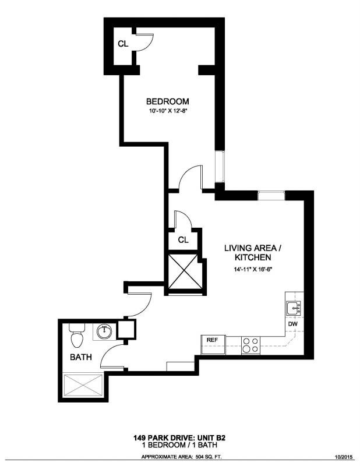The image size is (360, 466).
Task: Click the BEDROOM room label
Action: click(x=167, y=101)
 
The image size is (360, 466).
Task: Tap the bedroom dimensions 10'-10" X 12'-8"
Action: click(x=167, y=111)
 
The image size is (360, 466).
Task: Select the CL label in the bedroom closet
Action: click(x=123, y=44)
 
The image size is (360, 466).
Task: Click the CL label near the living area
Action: click(x=183, y=239)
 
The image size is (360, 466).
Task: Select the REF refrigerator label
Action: click(x=211, y=340)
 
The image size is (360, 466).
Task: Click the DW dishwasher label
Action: click(x=293, y=324)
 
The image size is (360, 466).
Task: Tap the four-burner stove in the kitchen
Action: click(x=250, y=345)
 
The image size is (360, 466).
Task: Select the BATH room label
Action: click(x=80, y=357)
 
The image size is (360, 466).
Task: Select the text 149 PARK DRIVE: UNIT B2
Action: click(x=179, y=437)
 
